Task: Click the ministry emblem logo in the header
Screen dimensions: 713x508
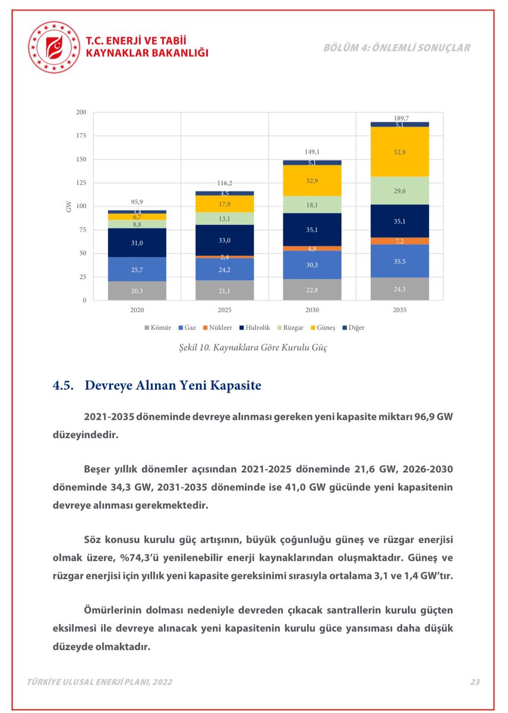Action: coord(54,47)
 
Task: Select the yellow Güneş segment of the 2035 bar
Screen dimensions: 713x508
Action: coord(399,152)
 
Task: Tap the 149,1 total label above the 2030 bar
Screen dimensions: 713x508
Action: coord(313,152)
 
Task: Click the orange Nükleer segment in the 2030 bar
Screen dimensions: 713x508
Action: coord(312,248)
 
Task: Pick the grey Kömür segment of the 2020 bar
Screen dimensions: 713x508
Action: coord(137,291)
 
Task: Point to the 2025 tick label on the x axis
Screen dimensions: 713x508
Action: coord(225,310)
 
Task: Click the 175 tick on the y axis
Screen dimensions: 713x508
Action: coord(81,136)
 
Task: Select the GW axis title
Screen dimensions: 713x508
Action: coord(69,207)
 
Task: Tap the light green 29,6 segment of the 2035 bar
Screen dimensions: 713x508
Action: coord(399,190)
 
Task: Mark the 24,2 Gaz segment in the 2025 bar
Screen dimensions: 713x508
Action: coord(225,269)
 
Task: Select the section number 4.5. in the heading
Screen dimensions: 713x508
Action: coord(64,385)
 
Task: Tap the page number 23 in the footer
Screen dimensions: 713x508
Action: coord(475,682)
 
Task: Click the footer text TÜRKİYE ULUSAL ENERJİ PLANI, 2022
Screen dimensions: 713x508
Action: coord(100,682)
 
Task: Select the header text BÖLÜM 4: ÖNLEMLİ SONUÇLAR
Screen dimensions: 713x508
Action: coord(397,48)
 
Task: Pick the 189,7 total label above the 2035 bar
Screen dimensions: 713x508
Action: coord(401,118)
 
